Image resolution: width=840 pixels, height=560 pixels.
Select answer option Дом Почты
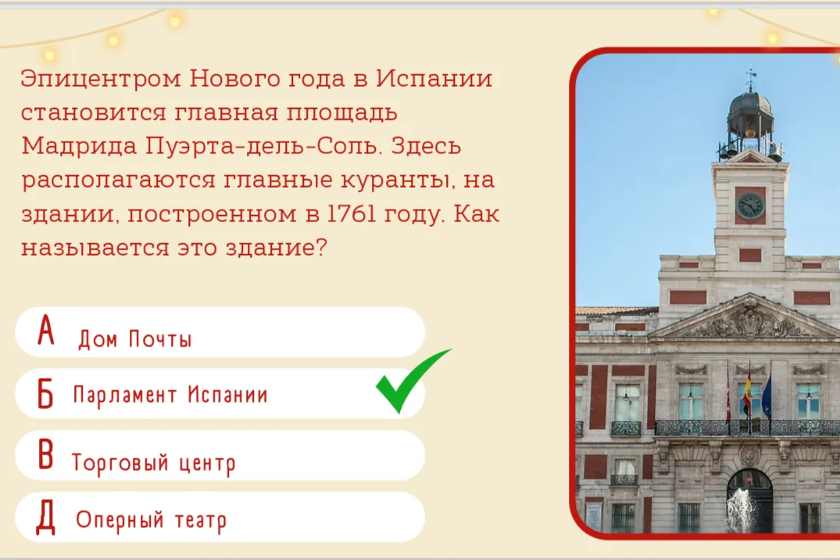(220, 332)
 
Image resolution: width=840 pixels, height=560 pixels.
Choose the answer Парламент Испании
(220, 393)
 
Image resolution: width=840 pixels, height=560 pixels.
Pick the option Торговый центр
(220, 455)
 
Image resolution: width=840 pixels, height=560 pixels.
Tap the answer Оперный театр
(220, 516)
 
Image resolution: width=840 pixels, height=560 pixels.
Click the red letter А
(46, 329)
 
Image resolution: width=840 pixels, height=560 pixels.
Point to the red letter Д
(45, 518)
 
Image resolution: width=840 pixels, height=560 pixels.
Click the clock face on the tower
(750, 206)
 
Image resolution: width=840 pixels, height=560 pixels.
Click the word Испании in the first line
(434, 78)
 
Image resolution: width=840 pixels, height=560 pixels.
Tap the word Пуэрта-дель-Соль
(263, 146)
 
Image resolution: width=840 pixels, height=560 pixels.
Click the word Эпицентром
(101, 79)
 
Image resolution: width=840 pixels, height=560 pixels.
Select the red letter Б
(45, 393)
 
